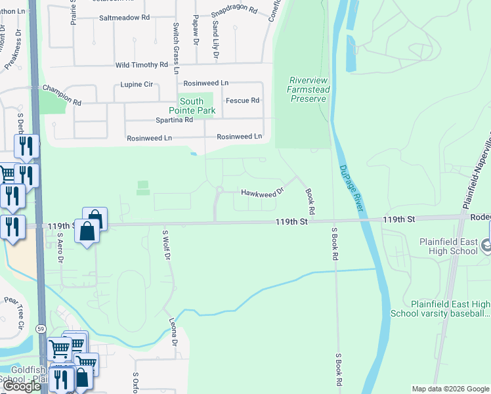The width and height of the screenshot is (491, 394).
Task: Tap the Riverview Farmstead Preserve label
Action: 308,89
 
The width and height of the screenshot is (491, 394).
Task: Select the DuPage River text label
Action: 352,188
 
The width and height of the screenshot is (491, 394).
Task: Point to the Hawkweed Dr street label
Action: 262,192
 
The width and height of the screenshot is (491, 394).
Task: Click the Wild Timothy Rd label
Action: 142,65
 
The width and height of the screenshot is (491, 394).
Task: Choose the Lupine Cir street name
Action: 137,85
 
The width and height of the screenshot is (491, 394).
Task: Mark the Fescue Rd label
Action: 242,100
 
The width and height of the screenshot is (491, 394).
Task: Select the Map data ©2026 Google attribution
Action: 450,389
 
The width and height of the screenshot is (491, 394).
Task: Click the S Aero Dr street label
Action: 59,246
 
